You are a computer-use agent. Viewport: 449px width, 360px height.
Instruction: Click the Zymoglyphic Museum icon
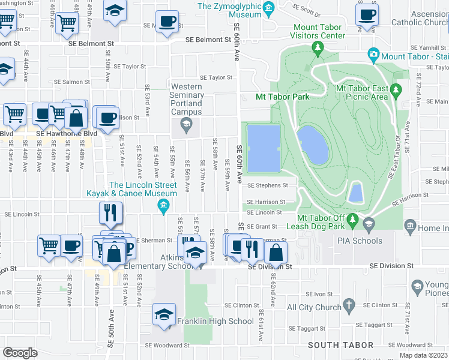268,7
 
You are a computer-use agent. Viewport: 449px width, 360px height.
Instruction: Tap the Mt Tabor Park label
282,97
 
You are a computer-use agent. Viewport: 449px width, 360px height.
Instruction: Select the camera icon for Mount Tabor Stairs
373,56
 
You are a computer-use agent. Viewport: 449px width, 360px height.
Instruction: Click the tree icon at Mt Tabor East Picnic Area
395,90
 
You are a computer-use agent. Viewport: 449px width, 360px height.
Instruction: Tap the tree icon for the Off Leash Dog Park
353,223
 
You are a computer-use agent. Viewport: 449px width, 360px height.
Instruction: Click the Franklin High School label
215,321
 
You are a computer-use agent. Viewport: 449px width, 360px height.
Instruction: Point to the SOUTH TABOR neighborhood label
340,345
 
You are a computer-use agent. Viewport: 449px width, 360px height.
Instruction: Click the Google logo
20,352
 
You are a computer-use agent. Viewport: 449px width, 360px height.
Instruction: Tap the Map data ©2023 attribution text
423,355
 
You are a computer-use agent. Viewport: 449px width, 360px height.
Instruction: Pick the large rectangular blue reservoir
264,147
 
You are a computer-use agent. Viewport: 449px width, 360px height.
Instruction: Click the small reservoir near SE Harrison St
355,193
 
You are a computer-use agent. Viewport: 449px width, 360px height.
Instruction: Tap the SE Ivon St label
319,294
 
